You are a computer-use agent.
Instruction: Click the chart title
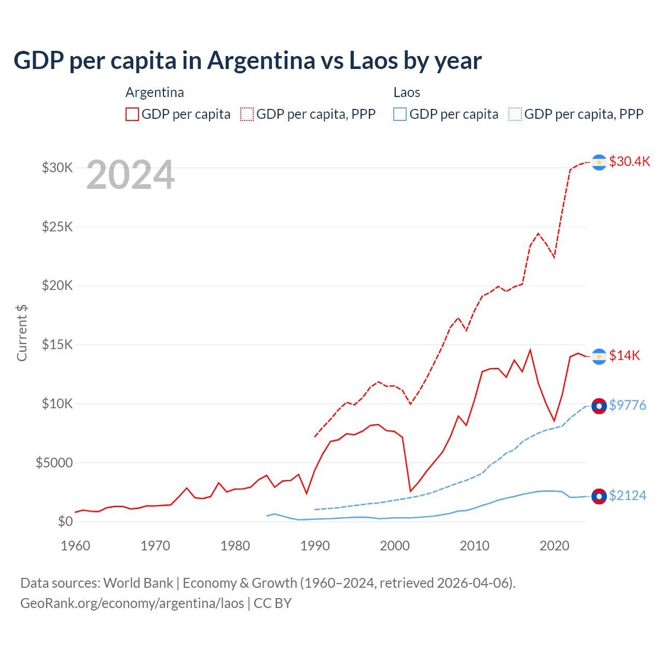(247, 61)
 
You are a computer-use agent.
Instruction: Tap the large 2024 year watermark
(130, 175)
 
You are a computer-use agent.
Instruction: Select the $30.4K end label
(629, 161)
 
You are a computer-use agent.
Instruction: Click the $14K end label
(624, 355)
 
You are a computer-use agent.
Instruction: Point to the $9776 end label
(627, 405)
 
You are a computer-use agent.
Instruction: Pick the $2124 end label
(627, 496)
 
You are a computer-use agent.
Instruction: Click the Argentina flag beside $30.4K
(599, 162)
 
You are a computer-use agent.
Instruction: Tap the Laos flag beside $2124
(599, 496)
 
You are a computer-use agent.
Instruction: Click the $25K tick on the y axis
(57, 227)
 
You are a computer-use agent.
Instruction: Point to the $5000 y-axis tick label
(54, 463)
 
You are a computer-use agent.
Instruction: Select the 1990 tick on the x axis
(315, 546)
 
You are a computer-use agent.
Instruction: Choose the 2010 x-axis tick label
(475, 546)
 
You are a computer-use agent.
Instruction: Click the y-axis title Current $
(22, 333)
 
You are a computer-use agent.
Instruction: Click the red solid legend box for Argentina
(132, 114)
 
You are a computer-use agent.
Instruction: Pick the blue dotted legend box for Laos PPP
(515, 114)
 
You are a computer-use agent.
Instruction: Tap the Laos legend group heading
(407, 92)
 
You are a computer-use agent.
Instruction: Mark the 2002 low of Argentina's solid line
(410, 491)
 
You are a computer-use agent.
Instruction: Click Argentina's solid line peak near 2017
(530, 350)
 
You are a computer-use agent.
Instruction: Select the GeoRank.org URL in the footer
(132, 603)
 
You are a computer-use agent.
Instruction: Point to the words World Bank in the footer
(138, 583)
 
